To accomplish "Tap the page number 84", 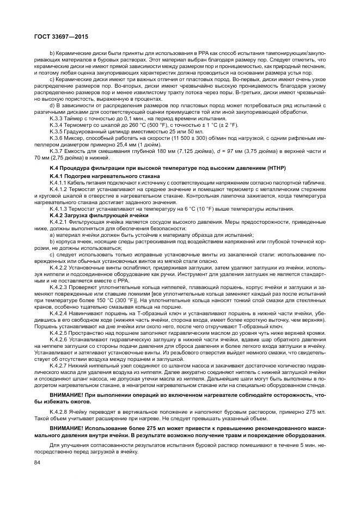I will click(38, 464).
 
